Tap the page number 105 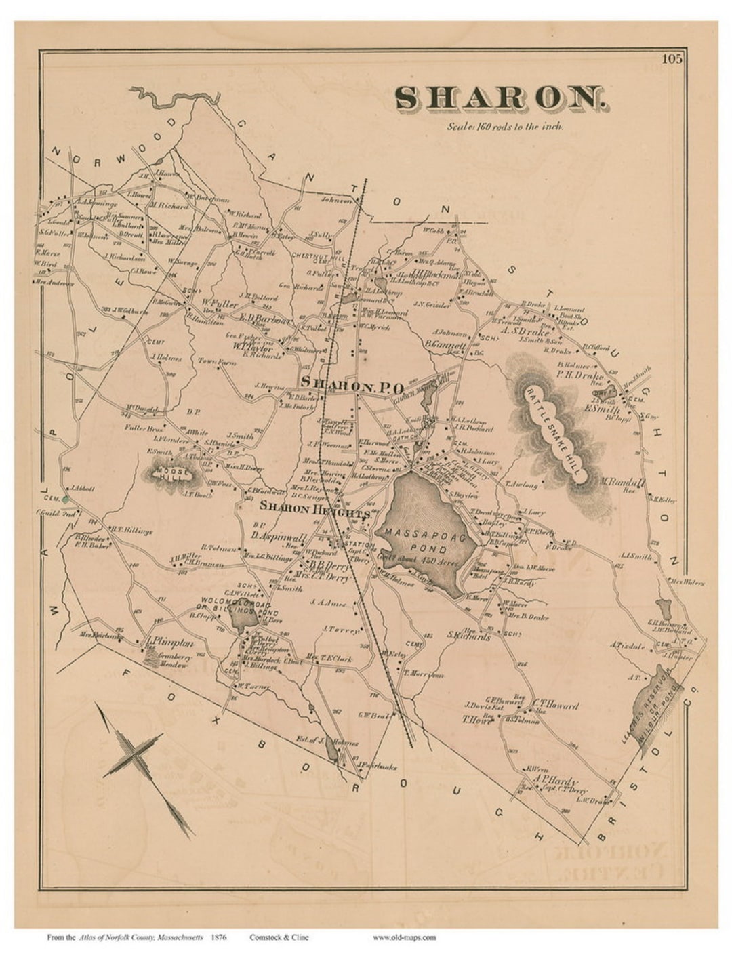(x=672, y=59)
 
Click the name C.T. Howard (x=554, y=705)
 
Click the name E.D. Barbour (x=264, y=318)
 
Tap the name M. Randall (x=621, y=482)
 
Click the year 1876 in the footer (x=218, y=937)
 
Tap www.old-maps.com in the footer (x=404, y=937)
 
